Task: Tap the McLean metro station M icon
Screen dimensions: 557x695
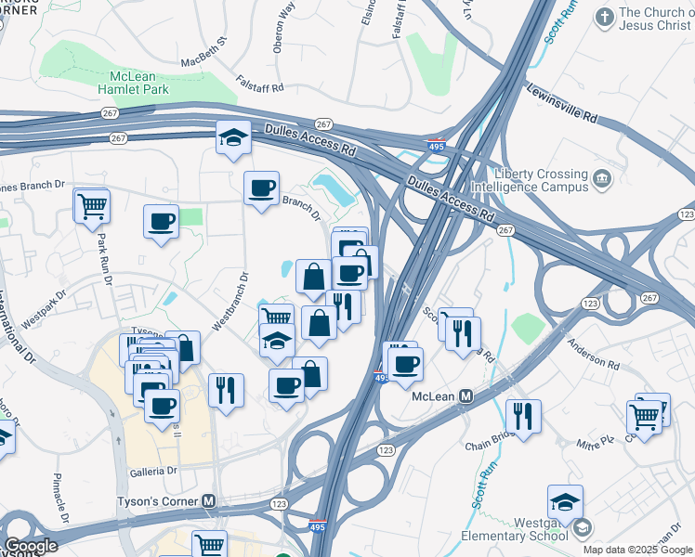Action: tap(466, 395)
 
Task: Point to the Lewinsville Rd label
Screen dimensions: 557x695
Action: tap(563, 103)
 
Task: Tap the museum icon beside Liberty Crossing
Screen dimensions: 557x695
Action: tap(601, 176)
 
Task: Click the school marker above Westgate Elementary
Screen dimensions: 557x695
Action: tap(565, 501)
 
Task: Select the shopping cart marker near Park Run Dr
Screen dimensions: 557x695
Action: tap(92, 205)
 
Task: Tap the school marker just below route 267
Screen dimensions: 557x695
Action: tap(234, 138)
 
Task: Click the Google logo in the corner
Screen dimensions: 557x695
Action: tap(31, 546)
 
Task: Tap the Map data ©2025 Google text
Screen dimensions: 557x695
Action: tap(637, 550)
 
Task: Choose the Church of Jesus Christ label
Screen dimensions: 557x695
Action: tap(654, 19)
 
